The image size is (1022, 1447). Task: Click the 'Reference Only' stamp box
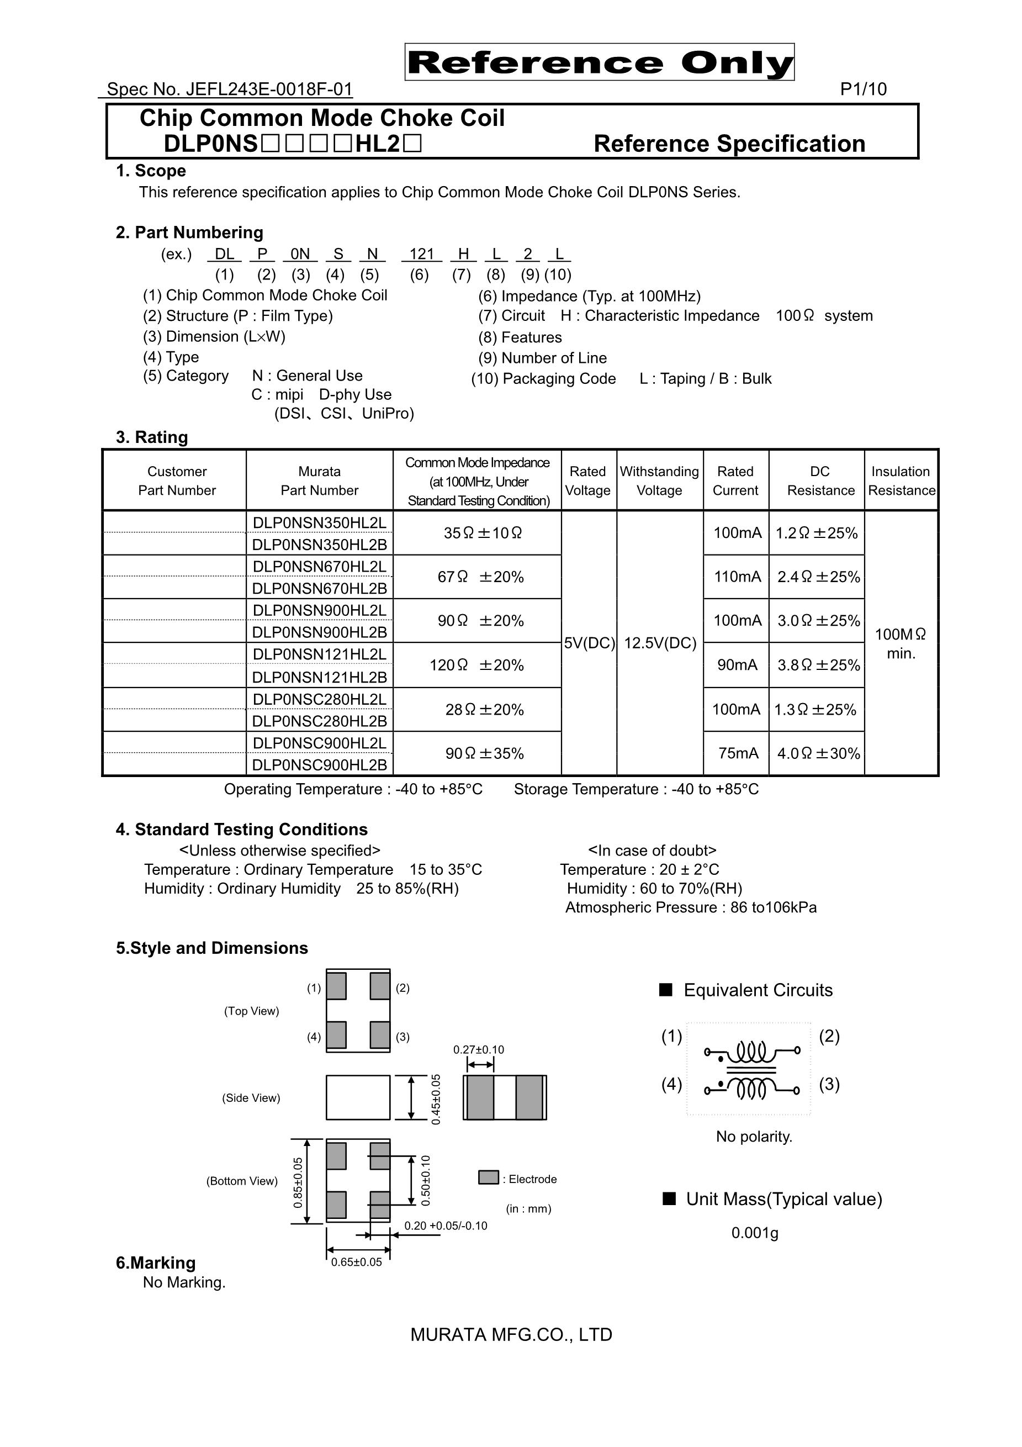599,62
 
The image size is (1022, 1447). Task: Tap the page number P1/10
862,89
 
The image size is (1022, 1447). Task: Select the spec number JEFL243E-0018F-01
229,89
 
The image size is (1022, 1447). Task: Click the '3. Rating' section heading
152,437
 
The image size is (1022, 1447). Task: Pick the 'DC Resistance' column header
820,481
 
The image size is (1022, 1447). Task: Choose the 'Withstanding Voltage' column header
659,481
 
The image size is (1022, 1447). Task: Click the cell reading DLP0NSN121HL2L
320,654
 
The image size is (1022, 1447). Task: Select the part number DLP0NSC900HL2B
320,764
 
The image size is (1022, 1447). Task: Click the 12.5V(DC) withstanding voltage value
660,643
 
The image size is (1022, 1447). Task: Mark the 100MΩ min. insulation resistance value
901,643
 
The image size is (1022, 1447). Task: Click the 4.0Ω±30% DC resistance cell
818,753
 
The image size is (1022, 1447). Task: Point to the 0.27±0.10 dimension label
478,1049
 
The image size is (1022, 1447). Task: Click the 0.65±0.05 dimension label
357,1262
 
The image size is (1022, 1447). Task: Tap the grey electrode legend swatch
488,1177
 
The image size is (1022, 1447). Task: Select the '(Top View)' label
251,1011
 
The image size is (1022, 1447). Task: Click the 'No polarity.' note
754,1136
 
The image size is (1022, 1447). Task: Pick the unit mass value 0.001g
754,1233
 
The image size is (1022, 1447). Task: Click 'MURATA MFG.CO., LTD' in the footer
511,1335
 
